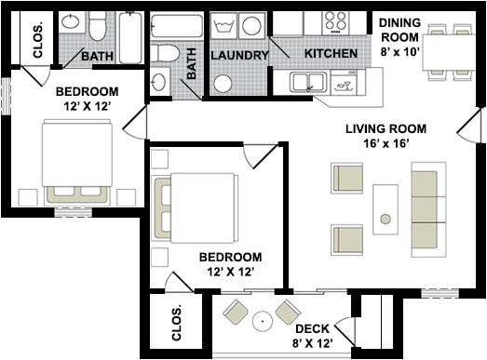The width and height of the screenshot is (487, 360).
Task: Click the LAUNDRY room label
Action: point(239,56)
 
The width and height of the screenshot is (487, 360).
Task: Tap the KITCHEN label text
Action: point(331,54)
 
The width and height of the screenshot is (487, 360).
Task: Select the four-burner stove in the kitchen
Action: point(334,21)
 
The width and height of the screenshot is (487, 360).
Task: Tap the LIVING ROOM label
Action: point(386,128)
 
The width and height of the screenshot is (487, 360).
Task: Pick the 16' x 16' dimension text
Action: point(386,144)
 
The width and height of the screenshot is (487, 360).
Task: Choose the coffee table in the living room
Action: point(386,209)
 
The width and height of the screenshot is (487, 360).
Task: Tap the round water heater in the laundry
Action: point(223,84)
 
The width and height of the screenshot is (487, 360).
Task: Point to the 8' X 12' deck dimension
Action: point(312,345)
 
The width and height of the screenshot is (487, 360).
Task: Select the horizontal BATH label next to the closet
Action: point(97,57)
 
